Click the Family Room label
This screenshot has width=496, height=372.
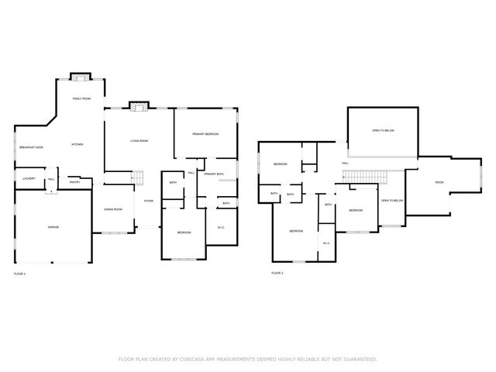(x=81, y=99)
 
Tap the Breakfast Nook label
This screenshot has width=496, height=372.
(x=31, y=147)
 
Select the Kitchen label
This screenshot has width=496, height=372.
(x=77, y=145)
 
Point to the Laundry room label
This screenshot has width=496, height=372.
(x=29, y=179)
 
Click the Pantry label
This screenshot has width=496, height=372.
(x=75, y=182)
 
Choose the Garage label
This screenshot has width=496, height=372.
(x=53, y=227)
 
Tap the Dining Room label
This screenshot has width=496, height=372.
(x=114, y=210)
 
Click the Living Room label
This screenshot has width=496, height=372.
(x=139, y=140)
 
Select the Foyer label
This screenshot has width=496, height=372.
(x=147, y=201)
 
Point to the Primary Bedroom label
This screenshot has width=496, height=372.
(x=205, y=135)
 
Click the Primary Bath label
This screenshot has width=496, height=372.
(x=214, y=174)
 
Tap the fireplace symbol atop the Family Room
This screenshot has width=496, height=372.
(x=81, y=76)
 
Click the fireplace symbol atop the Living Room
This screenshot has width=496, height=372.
(x=139, y=105)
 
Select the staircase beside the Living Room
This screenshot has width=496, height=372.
(x=139, y=177)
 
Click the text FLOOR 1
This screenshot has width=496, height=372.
(x=20, y=274)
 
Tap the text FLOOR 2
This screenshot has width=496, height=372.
(x=277, y=274)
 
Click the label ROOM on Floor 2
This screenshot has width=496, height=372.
(x=439, y=183)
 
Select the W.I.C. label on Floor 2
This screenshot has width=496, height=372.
(x=326, y=243)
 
